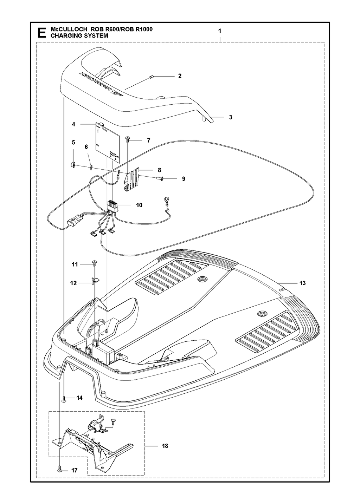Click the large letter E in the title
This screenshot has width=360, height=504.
pos(42,33)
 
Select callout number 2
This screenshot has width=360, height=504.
pos(180,76)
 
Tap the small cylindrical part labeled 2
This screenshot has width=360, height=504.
pos(151,77)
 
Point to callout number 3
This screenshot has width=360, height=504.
pos(231,117)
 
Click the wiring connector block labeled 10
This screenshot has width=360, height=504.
pos(112,205)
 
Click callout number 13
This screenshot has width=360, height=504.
pos(302,283)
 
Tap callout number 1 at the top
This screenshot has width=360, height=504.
pos(220,31)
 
